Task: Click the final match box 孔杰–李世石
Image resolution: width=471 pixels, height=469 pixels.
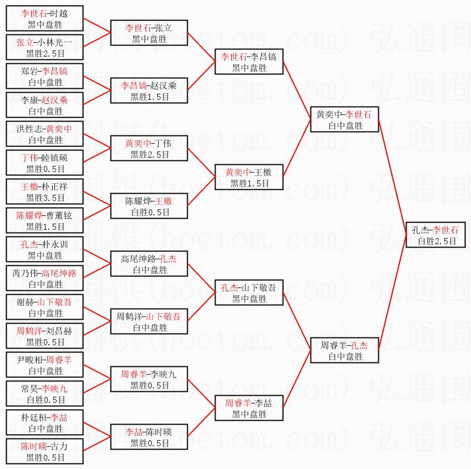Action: [x=435, y=235]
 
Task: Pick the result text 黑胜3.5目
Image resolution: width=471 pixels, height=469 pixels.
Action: [x=46, y=198]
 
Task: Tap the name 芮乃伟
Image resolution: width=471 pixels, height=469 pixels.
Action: [x=26, y=273]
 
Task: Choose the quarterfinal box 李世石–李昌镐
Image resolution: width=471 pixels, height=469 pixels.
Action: [x=249, y=62]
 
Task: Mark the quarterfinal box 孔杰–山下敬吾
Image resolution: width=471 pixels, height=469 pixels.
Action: [x=249, y=293]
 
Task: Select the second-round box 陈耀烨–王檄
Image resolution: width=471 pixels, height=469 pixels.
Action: [x=149, y=206]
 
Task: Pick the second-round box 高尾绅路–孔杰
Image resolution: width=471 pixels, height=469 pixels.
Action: [x=149, y=264]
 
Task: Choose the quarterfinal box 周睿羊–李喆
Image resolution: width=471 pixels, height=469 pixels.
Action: [x=249, y=409]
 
